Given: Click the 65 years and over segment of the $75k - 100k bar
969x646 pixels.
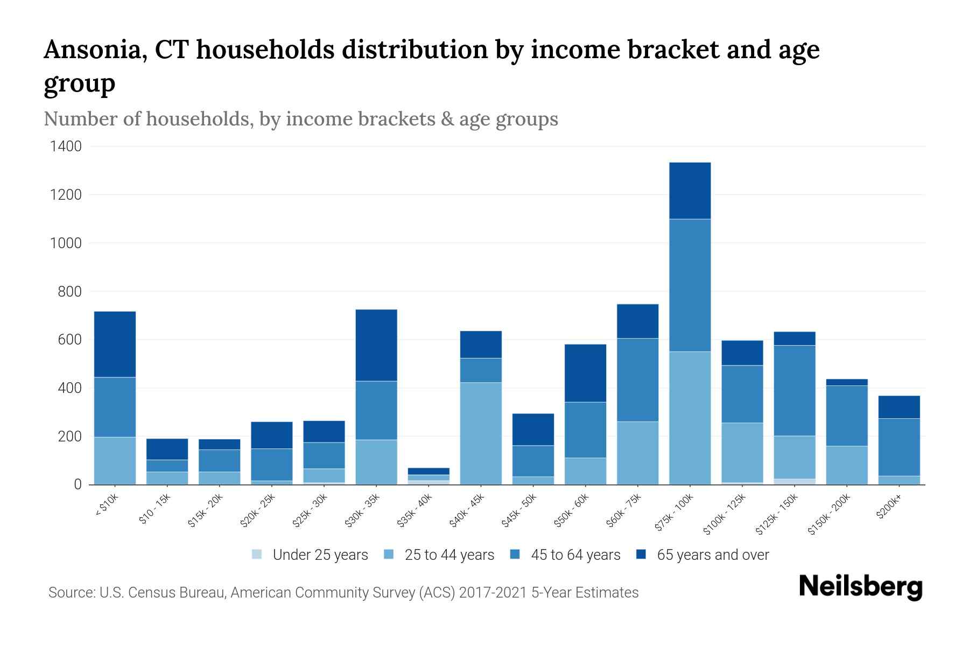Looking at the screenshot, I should coord(690,191).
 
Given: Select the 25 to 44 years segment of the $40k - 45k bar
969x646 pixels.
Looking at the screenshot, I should coord(481,433).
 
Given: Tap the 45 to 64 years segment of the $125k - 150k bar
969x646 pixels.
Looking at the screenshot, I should coord(794,390).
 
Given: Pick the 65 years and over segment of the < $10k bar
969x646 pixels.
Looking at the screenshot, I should coord(115,345).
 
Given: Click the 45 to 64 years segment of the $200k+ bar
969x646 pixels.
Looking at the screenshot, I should coord(898,447).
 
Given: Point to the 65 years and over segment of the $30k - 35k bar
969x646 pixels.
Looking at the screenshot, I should coord(376,345).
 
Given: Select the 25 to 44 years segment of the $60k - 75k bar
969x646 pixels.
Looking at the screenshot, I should coord(637,453).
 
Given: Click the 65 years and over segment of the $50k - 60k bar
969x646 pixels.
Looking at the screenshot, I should coord(585,373).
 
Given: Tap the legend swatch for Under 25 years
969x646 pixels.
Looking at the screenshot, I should coord(257,554).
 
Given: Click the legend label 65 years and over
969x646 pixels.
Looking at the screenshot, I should coord(713,555).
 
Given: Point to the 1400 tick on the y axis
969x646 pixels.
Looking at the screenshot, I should coord(66,146).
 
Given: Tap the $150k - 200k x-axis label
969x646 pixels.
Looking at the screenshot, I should coord(830,514).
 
